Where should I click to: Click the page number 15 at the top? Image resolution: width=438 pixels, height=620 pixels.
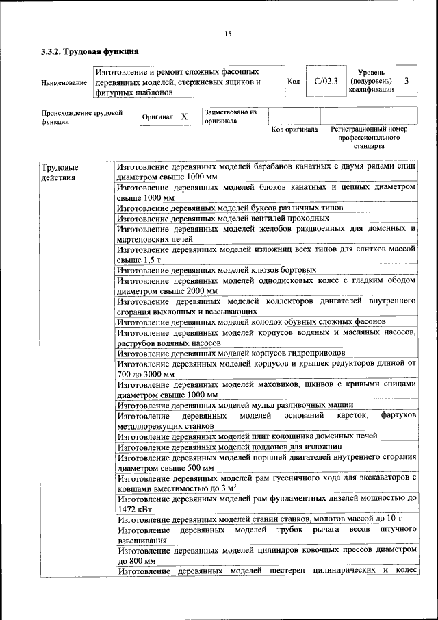point(228,34)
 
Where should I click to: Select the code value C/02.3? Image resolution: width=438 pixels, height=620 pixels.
point(326,82)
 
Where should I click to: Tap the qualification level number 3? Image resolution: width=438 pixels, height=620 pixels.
point(407,82)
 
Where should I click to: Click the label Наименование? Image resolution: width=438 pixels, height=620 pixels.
point(64,82)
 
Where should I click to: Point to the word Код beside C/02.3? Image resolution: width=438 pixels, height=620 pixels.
point(294,82)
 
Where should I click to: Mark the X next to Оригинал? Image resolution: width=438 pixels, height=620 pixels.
point(184,116)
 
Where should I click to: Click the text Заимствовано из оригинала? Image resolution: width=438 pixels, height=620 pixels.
point(230,116)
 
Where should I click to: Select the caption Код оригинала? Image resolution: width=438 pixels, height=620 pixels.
point(294,129)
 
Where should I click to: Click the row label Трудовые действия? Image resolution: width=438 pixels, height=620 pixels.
point(60,172)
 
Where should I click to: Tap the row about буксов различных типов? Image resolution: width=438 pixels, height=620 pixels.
point(229,208)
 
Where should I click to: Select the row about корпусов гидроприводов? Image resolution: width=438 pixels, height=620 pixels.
point(231,353)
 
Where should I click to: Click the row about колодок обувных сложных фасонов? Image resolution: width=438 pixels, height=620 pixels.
point(251,321)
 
